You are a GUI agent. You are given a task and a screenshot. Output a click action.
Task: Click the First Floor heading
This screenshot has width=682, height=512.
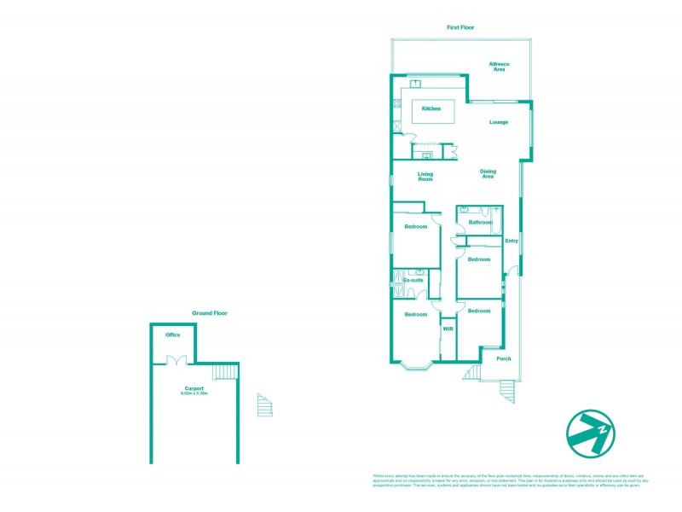click(460, 27)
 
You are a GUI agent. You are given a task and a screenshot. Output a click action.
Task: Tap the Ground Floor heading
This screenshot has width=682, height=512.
click(209, 313)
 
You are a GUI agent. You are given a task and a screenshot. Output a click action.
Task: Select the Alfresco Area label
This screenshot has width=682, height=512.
click(499, 67)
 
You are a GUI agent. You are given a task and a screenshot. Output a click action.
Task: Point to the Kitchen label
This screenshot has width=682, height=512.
click(431, 109)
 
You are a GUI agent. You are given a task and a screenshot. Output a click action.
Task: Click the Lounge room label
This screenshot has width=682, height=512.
click(499, 122)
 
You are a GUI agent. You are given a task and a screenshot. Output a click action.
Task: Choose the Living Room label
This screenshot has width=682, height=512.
click(425, 177)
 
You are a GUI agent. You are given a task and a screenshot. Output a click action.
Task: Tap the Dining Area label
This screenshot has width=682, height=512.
click(488, 173)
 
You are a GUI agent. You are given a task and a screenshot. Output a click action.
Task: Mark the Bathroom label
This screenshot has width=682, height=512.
click(481, 223)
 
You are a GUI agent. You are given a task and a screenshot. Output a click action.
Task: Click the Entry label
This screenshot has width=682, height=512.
click(511, 241)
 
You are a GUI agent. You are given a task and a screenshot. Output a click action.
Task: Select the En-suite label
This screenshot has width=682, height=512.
click(413, 280)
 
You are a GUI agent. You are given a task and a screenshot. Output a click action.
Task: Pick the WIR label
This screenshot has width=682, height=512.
click(447, 328)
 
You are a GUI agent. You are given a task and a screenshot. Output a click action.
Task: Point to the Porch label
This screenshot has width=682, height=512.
click(504, 358)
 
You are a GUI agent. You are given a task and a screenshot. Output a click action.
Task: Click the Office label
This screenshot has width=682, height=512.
click(173, 335)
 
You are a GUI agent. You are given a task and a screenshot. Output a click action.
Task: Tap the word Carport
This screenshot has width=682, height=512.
click(194, 388)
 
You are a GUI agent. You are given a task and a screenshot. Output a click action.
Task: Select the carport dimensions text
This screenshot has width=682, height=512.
click(194, 393)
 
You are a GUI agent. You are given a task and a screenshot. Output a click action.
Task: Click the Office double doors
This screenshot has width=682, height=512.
click(177, 360)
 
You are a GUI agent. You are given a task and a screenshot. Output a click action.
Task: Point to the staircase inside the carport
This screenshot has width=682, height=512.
click(225, 372)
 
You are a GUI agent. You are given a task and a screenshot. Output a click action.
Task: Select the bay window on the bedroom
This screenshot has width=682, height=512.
click(417, 365)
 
